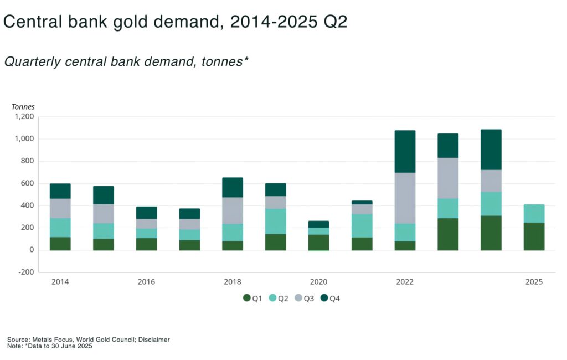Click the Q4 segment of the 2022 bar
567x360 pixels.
405,151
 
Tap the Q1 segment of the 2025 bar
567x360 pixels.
534,236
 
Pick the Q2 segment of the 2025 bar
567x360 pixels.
534,213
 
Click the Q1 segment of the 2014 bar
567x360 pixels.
60,244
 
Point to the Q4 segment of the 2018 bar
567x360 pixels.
233,187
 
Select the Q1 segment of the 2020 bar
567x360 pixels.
318,243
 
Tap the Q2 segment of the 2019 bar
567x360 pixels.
276,221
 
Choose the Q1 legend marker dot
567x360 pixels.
247,299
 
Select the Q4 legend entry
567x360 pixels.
330,299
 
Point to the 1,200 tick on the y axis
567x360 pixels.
24,117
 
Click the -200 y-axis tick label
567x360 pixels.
26,272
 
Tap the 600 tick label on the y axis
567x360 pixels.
27,183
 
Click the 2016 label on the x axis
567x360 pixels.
146,282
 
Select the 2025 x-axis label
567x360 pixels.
534,282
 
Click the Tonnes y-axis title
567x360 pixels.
23,107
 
